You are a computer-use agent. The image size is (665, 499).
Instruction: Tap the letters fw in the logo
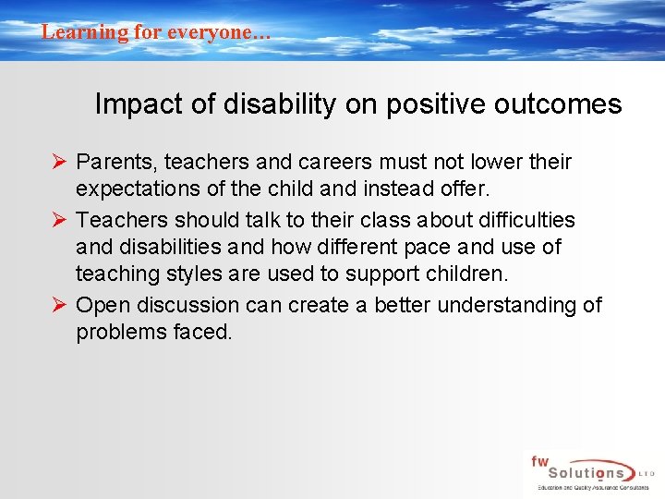coord(538,460)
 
